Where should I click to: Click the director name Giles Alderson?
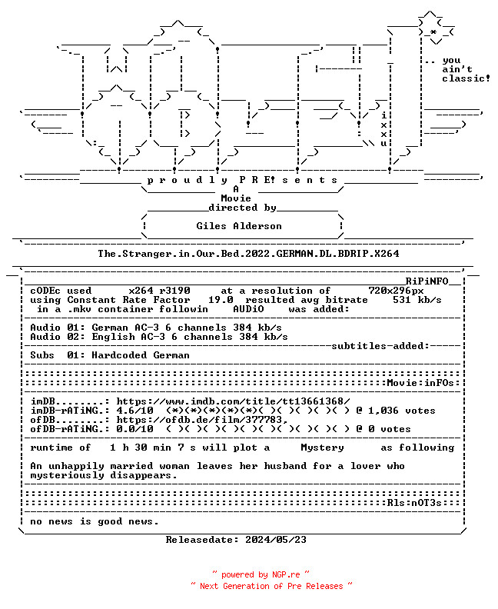[239, 226]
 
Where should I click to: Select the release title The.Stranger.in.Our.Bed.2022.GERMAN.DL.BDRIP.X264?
[248, 254]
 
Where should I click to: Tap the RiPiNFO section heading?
[427, 281]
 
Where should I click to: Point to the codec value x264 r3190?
[159, 291]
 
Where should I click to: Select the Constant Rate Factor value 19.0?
[221, 300]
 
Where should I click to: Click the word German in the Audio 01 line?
[110, 328]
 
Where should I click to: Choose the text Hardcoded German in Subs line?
[141, 355]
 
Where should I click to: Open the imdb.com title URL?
[233, 401]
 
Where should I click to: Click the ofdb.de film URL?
[202, 420]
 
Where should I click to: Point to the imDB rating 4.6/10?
[134, 411]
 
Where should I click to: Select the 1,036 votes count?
[402, 411]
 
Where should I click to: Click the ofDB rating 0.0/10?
[134, 429]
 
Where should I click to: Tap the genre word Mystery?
[322, 448]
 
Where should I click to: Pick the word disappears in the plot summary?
[144, 475]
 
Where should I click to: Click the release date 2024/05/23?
[276, 540]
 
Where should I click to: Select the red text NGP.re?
[286, 574]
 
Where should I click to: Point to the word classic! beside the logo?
[466, 78]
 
